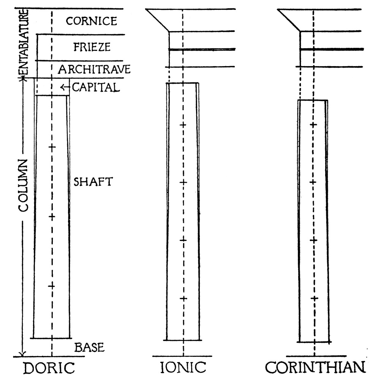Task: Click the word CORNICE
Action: coord(92,21)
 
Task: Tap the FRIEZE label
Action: coord(92,47)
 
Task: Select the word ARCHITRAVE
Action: coord(94,69)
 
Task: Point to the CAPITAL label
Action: coord(96,87)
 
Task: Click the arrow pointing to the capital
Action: coord(64,87)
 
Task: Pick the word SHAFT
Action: coord(93,182)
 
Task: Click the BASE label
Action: coord(89,347)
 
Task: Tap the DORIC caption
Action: coord(49,368)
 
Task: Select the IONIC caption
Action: coord(183,367)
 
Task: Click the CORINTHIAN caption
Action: coord(315,367)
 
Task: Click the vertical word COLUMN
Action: coord(24,185)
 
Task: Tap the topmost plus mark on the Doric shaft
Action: coord(52,147)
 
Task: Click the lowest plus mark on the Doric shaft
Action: coord(51,286)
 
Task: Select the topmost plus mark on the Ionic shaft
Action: coord(183,125)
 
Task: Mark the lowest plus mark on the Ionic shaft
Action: coord(183,298)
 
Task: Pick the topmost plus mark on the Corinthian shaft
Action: coord(313,125)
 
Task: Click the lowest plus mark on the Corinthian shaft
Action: coord(314,298)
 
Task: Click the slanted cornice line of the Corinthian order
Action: coord(289,21)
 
